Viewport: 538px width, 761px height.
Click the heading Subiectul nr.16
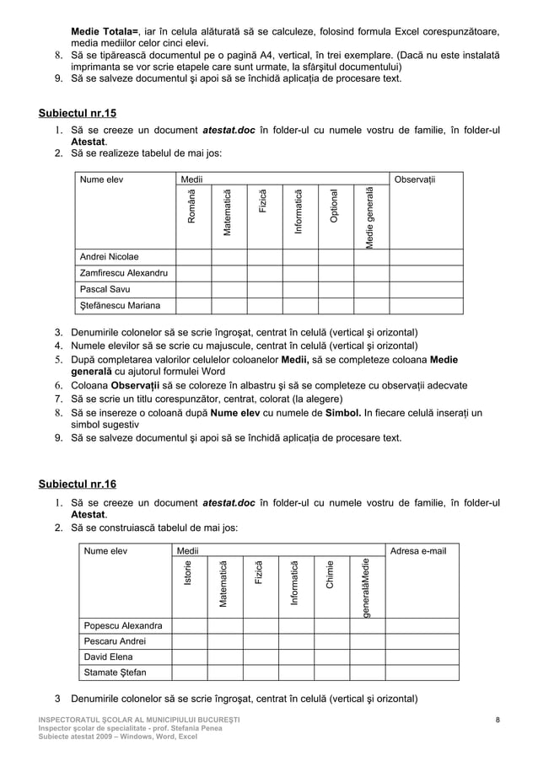click(78, 484)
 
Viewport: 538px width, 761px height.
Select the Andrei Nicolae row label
click(110, 256)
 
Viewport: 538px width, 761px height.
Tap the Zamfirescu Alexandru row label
click(123, 273)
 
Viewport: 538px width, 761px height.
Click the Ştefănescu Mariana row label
click(121, 305)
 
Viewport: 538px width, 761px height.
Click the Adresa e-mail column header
click(419, 551)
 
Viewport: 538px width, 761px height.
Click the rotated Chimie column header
click(331, 574)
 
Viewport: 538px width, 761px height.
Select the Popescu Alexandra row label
click(121, 625)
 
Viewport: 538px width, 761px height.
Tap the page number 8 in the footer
click(498, 718)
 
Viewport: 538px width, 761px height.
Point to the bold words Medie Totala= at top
click(105, 32)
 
